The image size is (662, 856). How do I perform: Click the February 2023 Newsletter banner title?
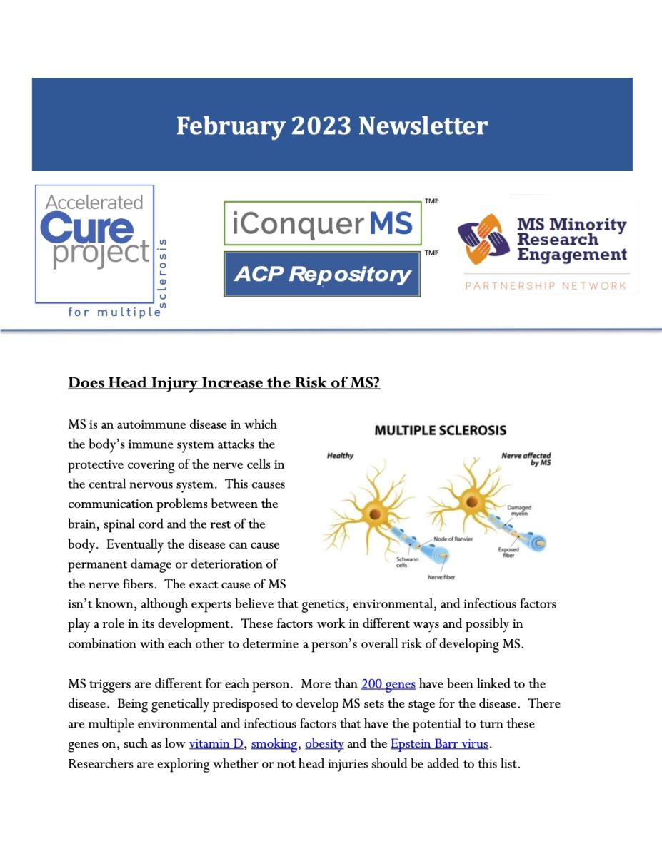(x=332, y=126)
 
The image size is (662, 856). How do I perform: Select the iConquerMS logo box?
(x=322, y=223)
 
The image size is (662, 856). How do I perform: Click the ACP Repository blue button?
(x=322, y=274)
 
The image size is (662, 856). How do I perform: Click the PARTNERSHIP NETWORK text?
(x=546, y=286)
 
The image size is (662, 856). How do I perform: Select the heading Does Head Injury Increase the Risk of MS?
(x=224, y=383)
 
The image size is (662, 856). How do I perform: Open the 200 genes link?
(x=388, y=684)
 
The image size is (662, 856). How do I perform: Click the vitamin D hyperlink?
(x=216, y=744)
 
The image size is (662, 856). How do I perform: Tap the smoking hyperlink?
(x=274, y=744)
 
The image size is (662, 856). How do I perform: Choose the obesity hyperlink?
(x=324, y=744)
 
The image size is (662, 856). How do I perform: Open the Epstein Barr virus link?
(x=439, y=744)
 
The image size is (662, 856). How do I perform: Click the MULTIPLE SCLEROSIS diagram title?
(x=441, y=430)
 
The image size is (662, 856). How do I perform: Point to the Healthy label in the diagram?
(x=340, y=456)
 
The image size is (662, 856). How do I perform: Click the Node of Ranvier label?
(x=453, y=539)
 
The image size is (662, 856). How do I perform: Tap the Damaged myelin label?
(x=519, y=511)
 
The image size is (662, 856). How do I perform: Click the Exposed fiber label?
(x=508, y=553)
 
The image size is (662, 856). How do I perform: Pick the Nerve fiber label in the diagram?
(x=441, y=577)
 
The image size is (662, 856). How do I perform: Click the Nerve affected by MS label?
(x=526, y=459)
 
